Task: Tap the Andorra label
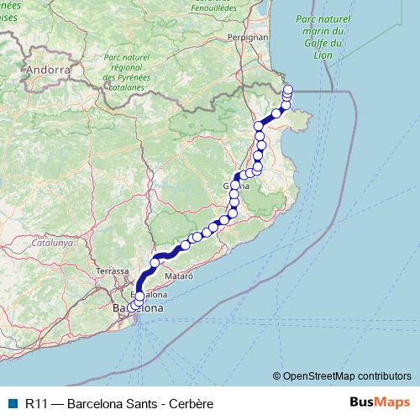[49, 70]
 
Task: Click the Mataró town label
[179, 276]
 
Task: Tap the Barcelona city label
[137, 308]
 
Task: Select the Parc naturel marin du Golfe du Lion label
[323, 38]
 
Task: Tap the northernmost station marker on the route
[289, 89]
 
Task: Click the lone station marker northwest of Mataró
[155, 263]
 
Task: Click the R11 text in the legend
[36, 404]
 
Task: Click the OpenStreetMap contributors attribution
[348, 375]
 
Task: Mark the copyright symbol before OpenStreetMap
[277, 375]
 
